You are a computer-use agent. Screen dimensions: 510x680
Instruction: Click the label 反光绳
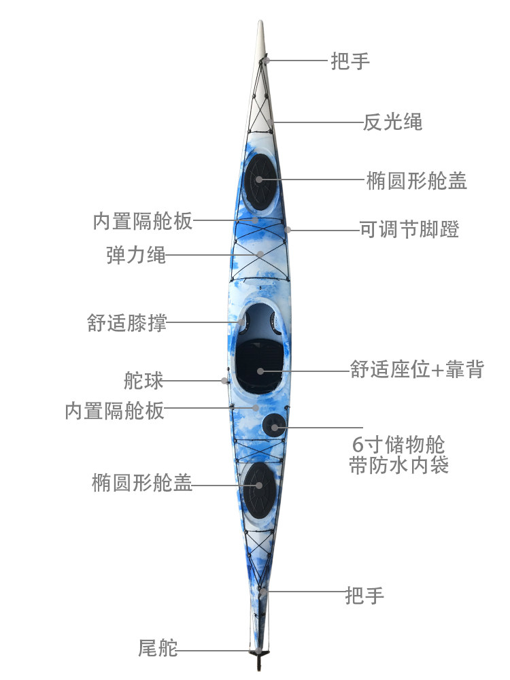pyautogui.click(x=392, y=122)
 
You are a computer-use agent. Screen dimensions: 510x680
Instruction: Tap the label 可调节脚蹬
pyautogui.click(x=409, y=230)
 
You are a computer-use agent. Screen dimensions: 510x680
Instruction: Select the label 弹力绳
pyautogui.click(x=136, y=256)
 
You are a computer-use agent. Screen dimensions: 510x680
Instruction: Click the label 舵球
pyautogui.click(x=143, y=381)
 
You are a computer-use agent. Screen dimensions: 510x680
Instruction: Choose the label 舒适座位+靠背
pyautogui.click(x=417, y=370)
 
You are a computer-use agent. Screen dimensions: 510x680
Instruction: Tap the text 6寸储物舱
pyautogui.click(x=398, y=445)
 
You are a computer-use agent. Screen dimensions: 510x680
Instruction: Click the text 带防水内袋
pyautogui.click(x=398, y=466)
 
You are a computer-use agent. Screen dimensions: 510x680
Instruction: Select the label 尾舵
pyautogui.click(x=158, y=649)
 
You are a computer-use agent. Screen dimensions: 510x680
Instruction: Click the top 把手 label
pyautogui.click(x=350, y=61)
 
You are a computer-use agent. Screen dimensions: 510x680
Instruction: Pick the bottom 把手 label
pyautogui.click(x=364, y=596)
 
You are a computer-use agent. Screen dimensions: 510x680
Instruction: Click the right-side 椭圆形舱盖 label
pyautogui.click(x=416, y=181)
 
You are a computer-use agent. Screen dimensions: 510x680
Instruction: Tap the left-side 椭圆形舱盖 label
pyautogui.click(x=142, y=483)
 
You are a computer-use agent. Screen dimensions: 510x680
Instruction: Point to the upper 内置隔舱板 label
pyautogui.click(x=143, y=221)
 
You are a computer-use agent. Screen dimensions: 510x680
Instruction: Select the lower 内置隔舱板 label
pyautogui.click(x=115, y=411)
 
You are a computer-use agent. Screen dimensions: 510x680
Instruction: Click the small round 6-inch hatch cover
pyautogui.click(x=274, y=426)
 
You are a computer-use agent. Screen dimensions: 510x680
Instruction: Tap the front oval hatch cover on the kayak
pyautogui.click(x=260, y=178)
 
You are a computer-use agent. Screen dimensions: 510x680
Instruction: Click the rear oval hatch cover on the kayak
pyautogui.click(x=259, y=485)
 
